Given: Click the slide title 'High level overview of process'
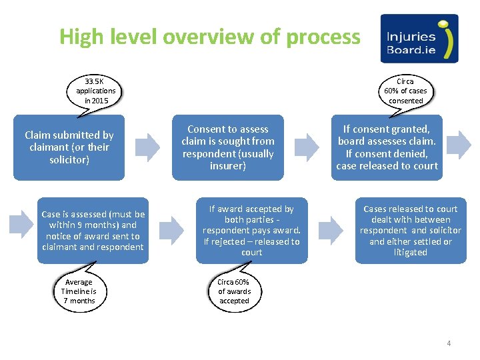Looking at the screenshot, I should [x=209, y=37].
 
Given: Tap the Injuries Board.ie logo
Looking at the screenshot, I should [x=419, y=39].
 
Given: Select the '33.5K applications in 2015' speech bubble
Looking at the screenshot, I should [x=96, y=91].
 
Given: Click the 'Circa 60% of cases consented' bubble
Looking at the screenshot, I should [x=405, y=91].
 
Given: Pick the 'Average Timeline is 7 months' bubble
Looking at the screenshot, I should [x=79, y=291].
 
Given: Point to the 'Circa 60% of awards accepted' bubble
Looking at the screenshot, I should [x=234, y=291].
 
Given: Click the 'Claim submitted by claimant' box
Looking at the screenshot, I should [x=69, y=147].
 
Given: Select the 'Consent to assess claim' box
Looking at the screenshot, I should [x=228, y=147].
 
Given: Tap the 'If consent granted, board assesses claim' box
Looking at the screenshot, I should [x=387, y=147].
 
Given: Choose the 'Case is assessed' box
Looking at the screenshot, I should [x=93, y=231].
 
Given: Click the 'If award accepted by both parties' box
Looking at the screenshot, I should [x=251, y=231].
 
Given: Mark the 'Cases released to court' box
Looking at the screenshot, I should [x=410, y=231].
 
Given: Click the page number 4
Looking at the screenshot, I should [x=449, y=343].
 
